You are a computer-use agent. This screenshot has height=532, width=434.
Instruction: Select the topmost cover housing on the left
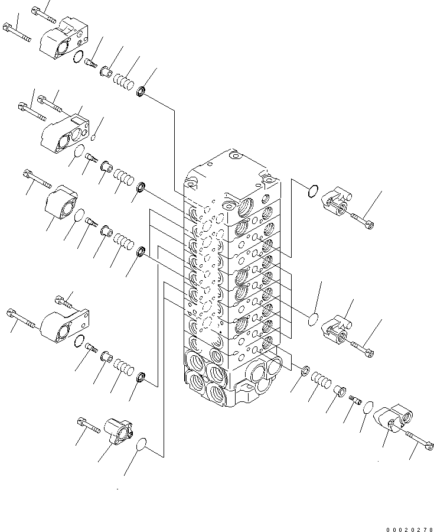coord(63,37)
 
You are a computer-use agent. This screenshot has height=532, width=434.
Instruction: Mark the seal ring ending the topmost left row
coord(142,91)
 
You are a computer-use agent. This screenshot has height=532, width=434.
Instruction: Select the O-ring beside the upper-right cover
coord(314,190)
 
